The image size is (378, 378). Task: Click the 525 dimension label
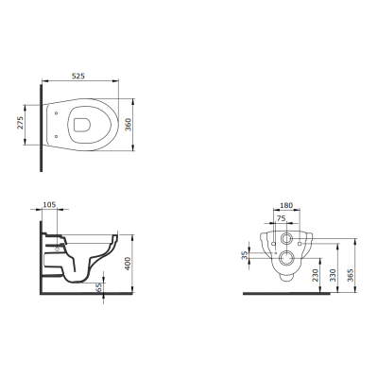78,76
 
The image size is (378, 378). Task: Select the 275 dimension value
20,123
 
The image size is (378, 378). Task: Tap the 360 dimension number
129,125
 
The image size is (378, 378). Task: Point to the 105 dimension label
49,205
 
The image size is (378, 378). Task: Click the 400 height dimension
128,264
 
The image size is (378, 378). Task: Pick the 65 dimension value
100,287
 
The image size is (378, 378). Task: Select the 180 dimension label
286,205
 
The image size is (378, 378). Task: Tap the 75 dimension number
281,218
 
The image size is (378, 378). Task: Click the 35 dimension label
245,255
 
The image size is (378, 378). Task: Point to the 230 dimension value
317,275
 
